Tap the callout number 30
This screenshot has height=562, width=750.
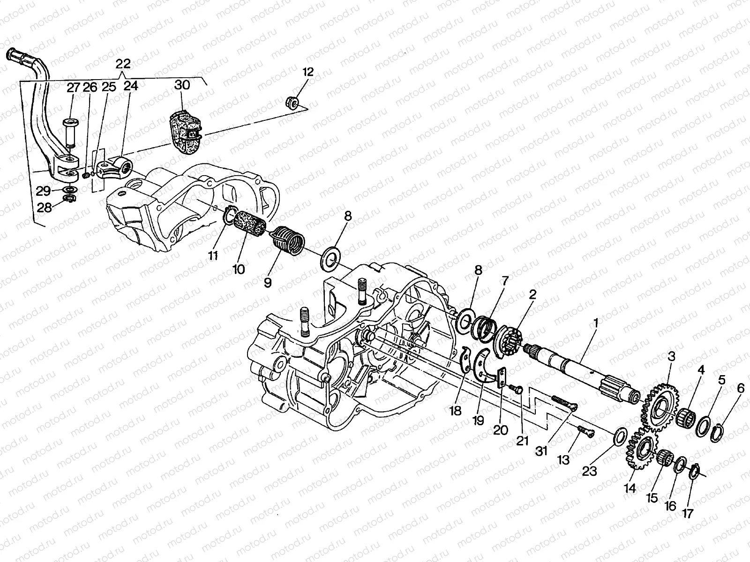pyautogui.click(x=182, y=85)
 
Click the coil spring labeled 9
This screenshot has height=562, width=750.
pyautogui.click(x=288, y=239)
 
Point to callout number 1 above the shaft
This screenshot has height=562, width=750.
pyautogui.click(x=596, y=323)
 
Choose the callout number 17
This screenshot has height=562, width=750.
pyautogui.click(x=688, y=513)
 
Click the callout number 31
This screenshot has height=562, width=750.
pyautogui.click(x=542, y=451)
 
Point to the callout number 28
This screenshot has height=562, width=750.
pyautogui.click(x=45, y=207)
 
